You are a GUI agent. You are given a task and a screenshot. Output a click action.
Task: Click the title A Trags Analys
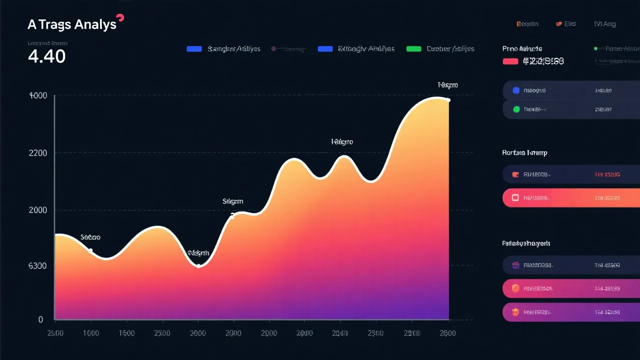pos(72,24)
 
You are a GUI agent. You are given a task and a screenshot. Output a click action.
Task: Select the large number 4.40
pos(46,56)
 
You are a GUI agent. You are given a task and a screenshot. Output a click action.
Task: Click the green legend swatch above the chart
pos(414,49)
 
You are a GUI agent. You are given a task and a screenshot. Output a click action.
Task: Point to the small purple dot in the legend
pos(273,49)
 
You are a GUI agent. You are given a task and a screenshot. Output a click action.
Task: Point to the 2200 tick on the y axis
pos(38,153)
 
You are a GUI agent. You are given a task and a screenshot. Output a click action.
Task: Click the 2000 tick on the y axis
pos(38,210)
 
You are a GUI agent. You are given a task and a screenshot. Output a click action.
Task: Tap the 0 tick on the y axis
pos(40,319)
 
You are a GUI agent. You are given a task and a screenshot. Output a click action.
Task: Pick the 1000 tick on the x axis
pos(90,333)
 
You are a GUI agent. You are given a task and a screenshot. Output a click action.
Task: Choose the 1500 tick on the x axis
pos(126,333)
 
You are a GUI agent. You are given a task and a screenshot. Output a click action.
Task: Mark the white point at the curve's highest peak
pos(448,100)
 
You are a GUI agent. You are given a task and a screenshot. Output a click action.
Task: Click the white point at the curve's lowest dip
pos(198,265)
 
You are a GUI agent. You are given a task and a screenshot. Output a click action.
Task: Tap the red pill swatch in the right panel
pos(510,61)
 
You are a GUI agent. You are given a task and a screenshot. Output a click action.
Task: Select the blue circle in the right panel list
pos(516,90)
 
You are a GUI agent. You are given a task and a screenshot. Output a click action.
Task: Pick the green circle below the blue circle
pos(516,109)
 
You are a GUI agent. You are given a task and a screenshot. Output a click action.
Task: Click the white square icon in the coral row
pos(515,198)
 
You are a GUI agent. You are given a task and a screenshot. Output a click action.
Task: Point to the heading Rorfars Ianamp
pos(524,153)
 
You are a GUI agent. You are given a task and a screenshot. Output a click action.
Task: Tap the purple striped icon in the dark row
pos(516,265)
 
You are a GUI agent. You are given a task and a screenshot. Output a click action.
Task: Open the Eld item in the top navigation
pos(569,23)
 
